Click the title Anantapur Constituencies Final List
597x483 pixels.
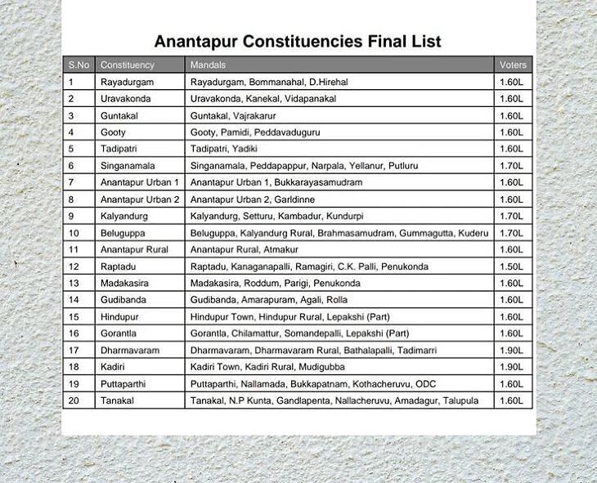tap(298, 41)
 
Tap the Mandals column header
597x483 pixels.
tap(208, 65)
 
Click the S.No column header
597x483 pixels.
tap(79, 65)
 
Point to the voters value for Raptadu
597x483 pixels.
tap(511, 266)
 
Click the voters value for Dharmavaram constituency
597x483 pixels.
tap(511, 351)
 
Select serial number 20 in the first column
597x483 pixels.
tap(73, 400)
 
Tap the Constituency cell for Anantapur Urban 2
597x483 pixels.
tap(139, 199)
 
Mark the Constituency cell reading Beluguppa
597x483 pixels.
tap(123, 233)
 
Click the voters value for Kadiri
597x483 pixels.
tap(511, 367)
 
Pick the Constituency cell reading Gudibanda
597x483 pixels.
tap(123, 300)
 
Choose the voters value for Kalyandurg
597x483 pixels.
tap(511, 217)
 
